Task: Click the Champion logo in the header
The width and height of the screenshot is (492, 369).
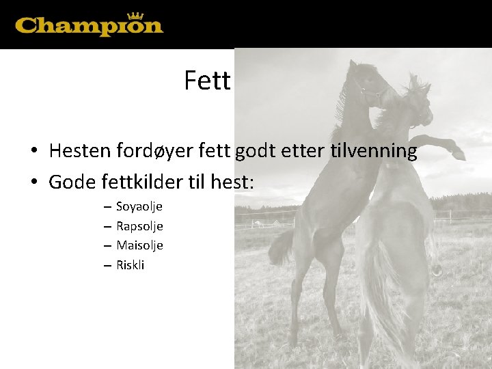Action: (x=89, y=25)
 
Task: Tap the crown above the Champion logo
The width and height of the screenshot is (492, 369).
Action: (x=135, y=16)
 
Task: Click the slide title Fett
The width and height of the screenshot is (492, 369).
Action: (x=207, y=81)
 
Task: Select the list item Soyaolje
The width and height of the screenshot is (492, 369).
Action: (x=139, y=207)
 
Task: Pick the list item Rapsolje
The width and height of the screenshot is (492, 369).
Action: (x=139, y=226)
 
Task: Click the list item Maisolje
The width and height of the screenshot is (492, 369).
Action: (x=139, y=245)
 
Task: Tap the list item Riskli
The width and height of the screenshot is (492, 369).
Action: (x=130, y=265)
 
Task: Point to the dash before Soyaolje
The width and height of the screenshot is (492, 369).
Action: (x=107, y=207)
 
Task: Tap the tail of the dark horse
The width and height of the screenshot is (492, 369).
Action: (x=280, y=246)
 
